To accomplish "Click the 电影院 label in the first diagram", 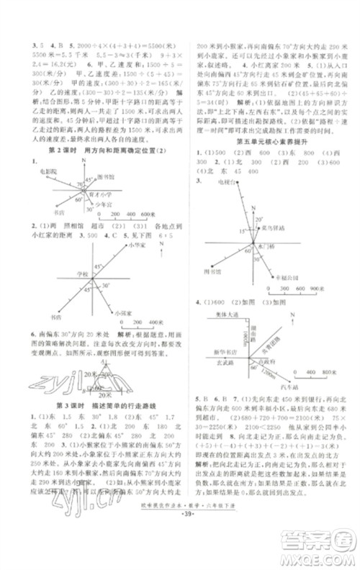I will click(x=45, y=172).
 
